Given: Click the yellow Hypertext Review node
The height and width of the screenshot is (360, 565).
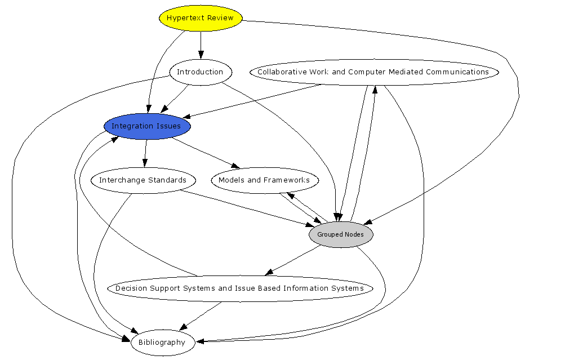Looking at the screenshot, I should click(x=201, y=18).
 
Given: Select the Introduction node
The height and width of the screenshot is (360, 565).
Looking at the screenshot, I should click(x=200, y=72).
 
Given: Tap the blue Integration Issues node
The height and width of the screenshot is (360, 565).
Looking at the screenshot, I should click(x=146, y=126).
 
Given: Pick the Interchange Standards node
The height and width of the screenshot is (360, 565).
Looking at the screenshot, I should click(x=143, y=180).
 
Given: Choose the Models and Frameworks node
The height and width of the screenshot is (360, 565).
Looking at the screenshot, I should click(x=264, y=180).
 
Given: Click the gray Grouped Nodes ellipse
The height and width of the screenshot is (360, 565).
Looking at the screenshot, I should click(x=341, y=234).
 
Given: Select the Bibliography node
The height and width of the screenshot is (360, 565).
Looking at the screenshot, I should click(x=162, y=343).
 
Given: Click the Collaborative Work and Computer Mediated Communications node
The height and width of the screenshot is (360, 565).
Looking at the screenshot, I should click(x=373, y=72).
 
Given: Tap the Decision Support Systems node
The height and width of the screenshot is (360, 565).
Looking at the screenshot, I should click(x=239, y=288).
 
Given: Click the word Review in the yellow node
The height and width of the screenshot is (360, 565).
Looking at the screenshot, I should click(x=220, y=18).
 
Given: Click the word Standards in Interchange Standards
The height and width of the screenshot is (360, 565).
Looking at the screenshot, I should click(x=167, y=180).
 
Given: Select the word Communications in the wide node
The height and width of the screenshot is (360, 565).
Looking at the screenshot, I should click(x=457, y=72).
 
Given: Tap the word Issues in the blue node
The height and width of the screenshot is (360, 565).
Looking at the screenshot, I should click(x=170, y=126).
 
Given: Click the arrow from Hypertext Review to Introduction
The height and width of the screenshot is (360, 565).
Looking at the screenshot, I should click(x=201, y=45).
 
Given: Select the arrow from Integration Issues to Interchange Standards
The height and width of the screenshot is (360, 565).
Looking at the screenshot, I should click(x=145, y=153).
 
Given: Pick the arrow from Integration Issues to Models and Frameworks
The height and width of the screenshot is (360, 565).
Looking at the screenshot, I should click(x=206, y=153).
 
